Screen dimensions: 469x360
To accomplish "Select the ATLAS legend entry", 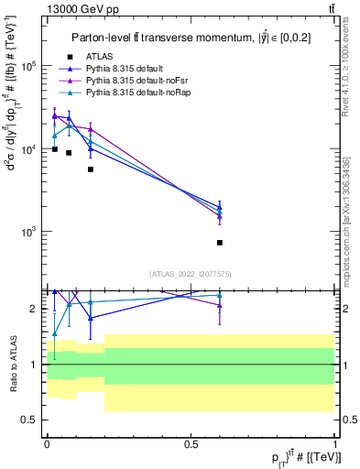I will [x=102, y=57].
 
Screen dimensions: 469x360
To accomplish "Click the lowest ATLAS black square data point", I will [x=220, y=243].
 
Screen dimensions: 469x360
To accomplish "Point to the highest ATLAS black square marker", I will [x=55, y=149].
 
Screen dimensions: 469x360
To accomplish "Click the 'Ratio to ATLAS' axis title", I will [x=13, y=364].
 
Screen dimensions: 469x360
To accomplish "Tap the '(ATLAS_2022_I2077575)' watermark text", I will [x=191, y=273].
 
